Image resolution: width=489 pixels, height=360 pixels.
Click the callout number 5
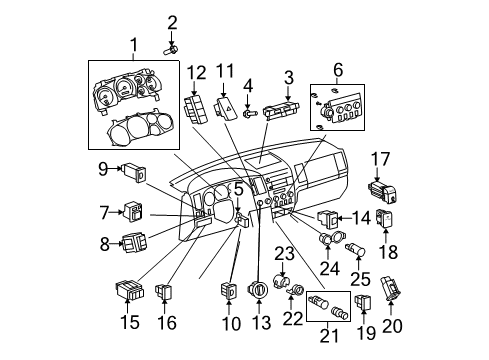(240, 187)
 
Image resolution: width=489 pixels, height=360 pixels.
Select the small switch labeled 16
(166, 294)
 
